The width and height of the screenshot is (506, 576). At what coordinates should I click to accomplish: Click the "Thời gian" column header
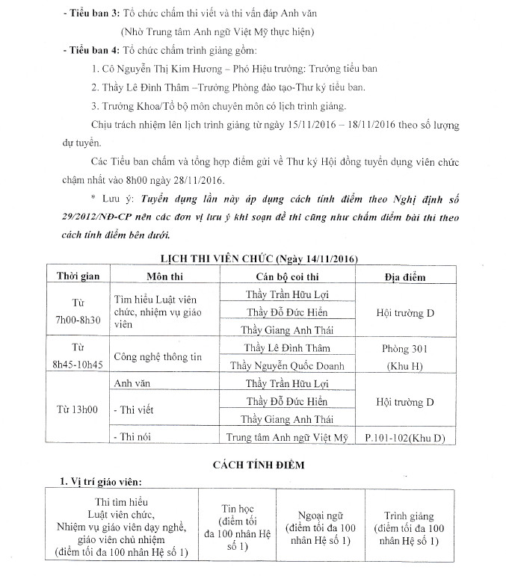[78, 276]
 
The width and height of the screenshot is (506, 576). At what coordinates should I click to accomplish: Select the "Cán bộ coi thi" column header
[289, 276]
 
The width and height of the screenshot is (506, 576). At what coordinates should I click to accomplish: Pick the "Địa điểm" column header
[405, 277]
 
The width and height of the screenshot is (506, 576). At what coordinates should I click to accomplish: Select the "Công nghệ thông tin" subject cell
[157, 357]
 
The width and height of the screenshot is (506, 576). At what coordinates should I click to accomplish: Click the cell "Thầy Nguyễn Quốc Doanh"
[289, 366]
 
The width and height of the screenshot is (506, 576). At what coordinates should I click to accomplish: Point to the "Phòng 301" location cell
[405, 348]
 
